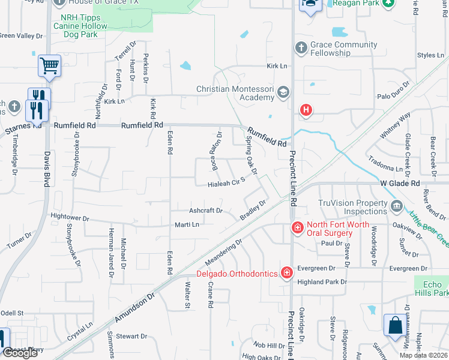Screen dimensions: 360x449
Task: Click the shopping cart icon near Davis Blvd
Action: click(49, 65)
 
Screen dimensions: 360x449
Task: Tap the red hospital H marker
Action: click(306, 110)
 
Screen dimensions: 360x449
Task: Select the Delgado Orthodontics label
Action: click(238, 274)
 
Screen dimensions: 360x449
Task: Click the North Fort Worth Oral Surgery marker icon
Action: click(297, 227)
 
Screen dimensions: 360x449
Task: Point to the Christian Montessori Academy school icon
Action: click(283, 93)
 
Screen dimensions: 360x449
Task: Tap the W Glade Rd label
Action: click(399, 183)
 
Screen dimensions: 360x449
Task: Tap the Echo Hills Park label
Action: click(432, 289)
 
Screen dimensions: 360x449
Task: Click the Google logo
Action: click(20, 353)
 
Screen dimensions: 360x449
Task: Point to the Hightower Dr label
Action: click(70, 219)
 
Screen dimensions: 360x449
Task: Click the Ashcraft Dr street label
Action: click(205, 211)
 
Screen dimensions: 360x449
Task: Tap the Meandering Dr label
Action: click(223, 253)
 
